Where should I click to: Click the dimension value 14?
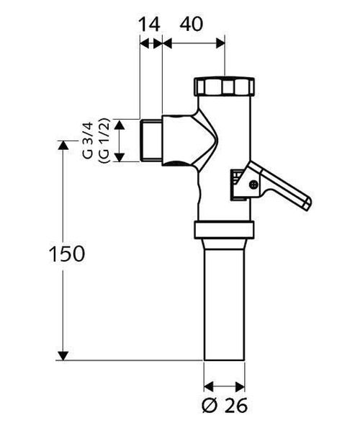(x=149, y=24)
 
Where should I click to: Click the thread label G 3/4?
(x=86, y=141)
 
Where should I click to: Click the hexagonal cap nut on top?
(x=225, y=89)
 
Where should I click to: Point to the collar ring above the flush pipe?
(x=225, y=231)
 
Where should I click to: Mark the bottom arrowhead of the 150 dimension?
(x=63, y=354)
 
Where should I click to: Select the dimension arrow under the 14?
(x=150, y=43)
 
